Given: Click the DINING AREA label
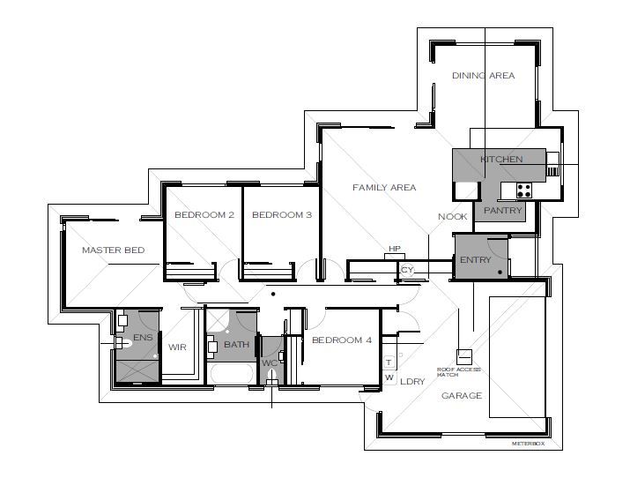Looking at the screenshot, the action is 483,75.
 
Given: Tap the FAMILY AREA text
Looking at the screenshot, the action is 384,187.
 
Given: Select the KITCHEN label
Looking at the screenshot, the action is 502,160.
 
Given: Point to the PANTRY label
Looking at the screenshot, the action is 502,210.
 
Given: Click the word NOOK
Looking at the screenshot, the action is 452,217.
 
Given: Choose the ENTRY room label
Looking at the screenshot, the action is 476,259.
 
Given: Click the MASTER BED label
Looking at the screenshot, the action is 114,250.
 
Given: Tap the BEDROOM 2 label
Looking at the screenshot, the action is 204,214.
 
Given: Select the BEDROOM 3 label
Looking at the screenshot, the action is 282,214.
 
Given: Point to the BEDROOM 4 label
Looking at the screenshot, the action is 342,340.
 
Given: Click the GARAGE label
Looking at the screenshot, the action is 462,396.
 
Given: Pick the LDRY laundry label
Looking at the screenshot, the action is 412,382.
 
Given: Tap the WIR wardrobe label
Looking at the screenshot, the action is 177,347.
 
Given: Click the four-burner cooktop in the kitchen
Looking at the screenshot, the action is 524,190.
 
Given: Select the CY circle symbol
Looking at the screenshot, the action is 407,270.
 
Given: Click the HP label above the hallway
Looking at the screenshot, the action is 395,249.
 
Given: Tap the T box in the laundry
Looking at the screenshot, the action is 389,362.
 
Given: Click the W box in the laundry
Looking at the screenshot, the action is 389,377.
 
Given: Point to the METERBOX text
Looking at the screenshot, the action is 528,444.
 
